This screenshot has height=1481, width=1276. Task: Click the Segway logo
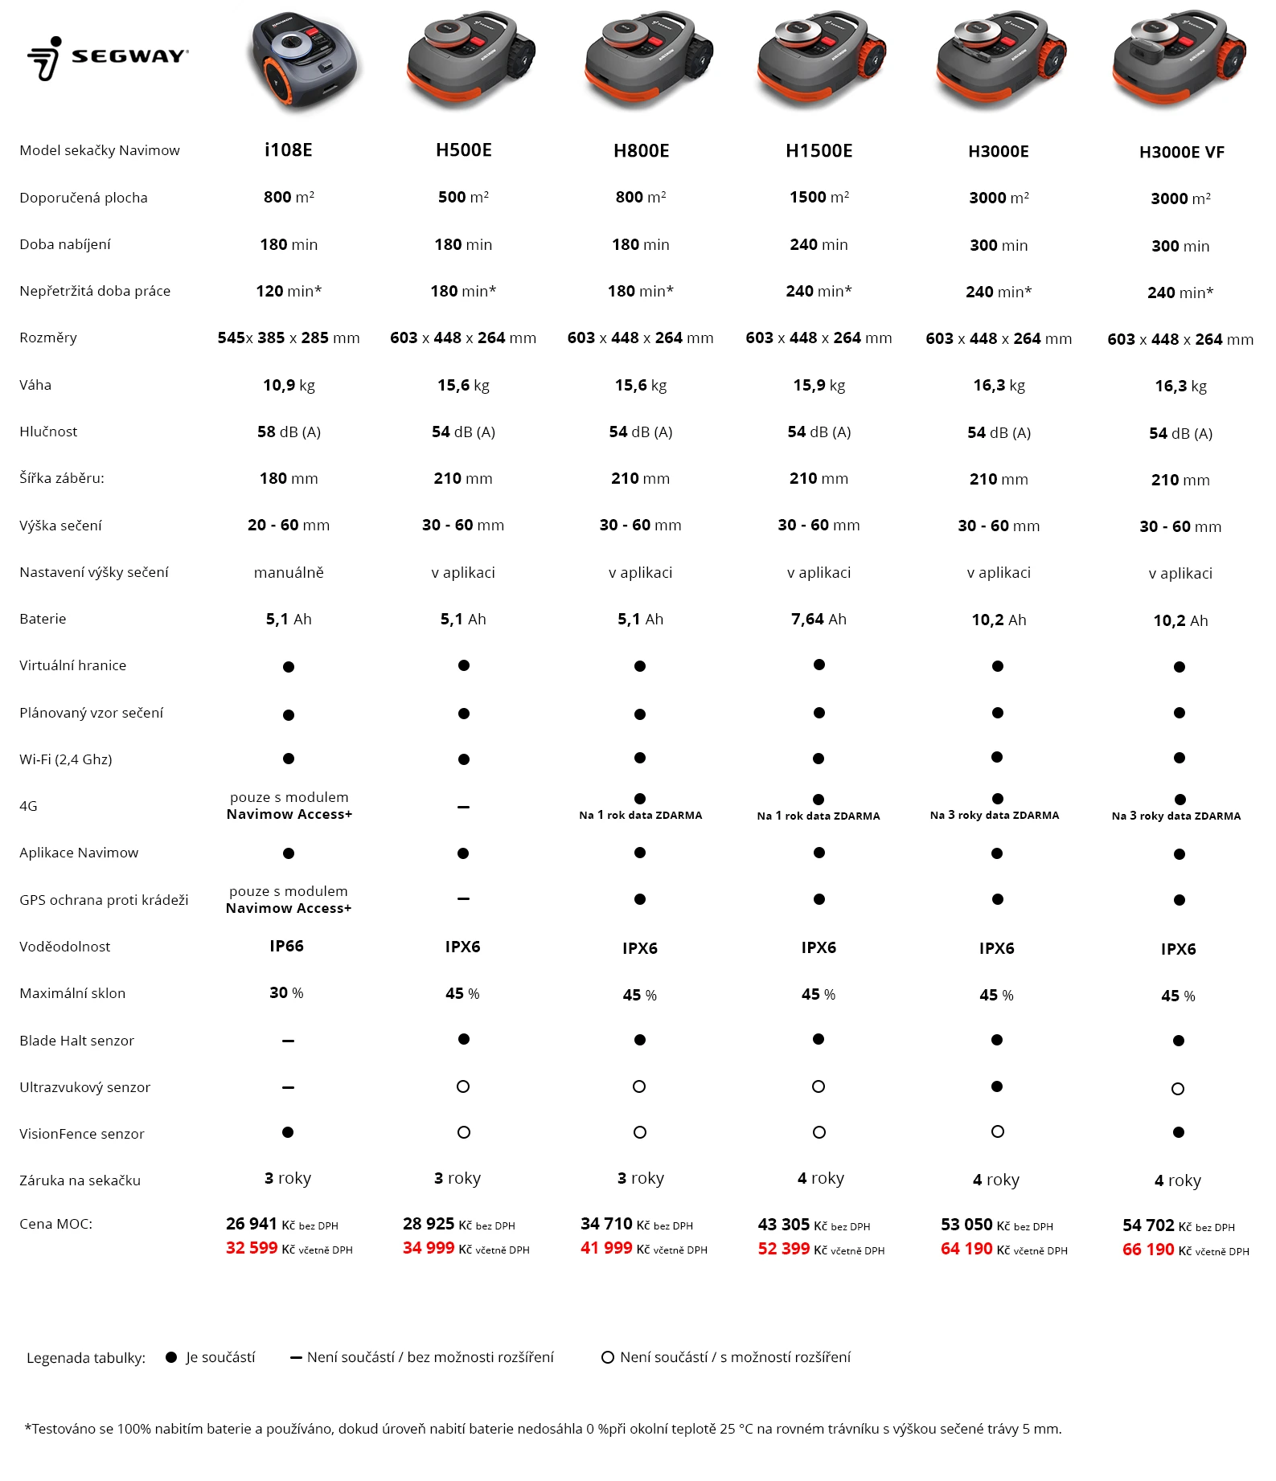[x=108, y=57]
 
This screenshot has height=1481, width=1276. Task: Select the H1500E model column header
[x=819, y=150]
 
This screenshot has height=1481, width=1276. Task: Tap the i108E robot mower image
[x=305, y=60]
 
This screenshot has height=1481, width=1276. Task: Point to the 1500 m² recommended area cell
[x=819, y=198]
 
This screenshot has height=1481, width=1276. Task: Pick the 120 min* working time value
[x=288, y=291]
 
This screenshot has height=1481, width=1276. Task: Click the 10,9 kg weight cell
[x=288, y=385]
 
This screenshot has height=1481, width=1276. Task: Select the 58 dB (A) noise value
[x=288, y=432]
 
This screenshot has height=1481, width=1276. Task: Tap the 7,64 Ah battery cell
[x=819, y=619]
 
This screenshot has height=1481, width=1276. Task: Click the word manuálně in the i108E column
[x=288, y=572]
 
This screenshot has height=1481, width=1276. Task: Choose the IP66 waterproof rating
[x=286, y=946]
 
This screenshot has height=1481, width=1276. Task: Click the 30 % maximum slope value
[x=286, y=993]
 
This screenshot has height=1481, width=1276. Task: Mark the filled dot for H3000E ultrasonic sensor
[x=997, y=1086]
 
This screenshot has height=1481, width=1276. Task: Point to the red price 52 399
[x=783, y=1250]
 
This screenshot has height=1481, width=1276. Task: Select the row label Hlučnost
[x=48, y=432]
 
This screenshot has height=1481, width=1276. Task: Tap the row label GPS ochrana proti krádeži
[x=104, y=900]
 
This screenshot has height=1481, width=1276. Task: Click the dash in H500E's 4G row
[x=463, y=807]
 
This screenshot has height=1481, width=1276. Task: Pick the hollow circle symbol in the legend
[x=608, y=1357]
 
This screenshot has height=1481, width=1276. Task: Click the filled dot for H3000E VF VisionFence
[x=1179, y=1132]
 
